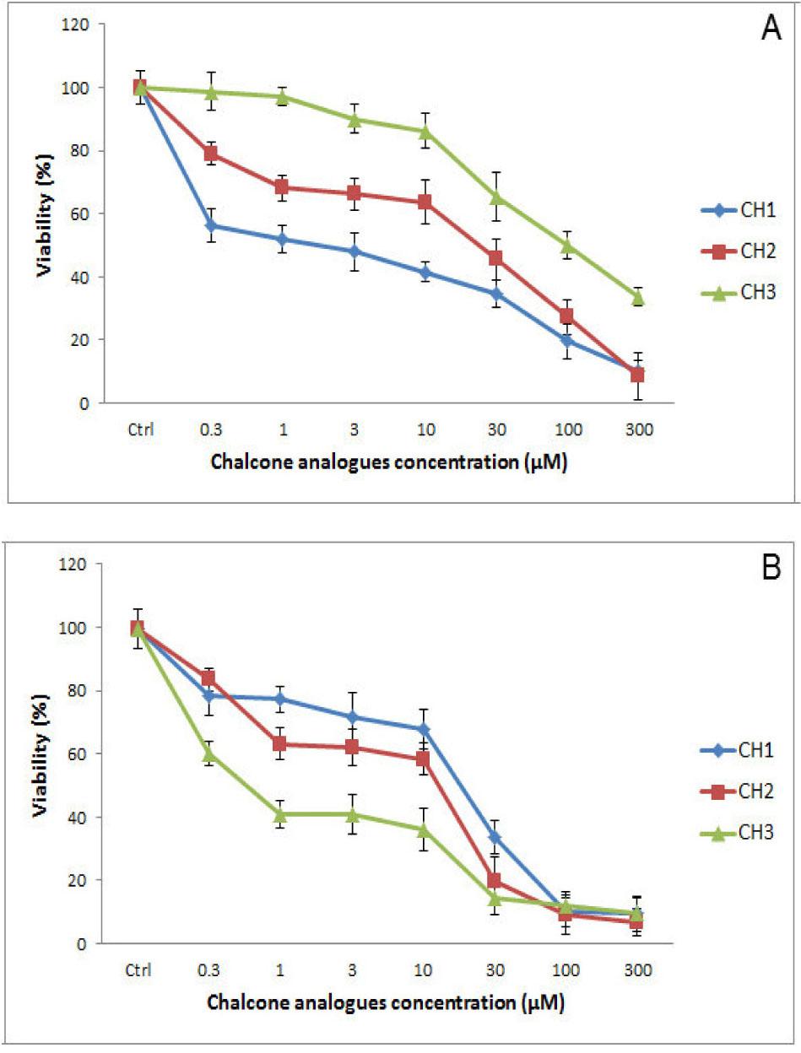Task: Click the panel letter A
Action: (770, 30)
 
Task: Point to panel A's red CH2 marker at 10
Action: (425, 202)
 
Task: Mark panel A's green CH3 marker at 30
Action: (496, 197)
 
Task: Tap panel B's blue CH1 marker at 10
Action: (425, 729)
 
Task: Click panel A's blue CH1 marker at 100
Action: (567, 340)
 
